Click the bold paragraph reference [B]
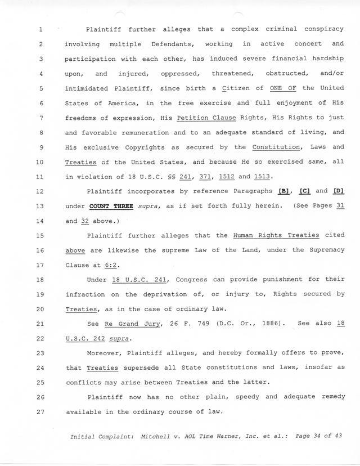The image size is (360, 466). click(284, 191)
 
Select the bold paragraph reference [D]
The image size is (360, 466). click(338, 191)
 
